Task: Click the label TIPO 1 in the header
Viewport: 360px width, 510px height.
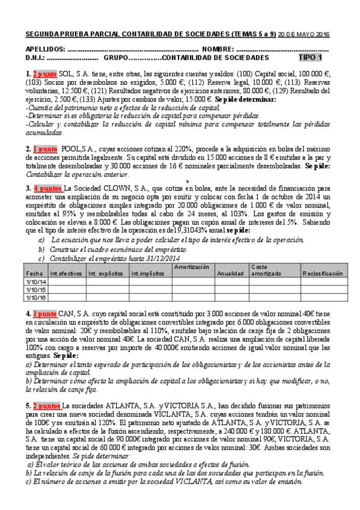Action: click(x=310, y=58)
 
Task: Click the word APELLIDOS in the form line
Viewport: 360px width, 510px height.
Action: click(x=45, y=49)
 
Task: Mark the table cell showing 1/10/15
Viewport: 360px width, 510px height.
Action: click(x=35, y=289)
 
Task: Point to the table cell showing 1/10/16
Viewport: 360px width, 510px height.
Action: click(x=35, y=297)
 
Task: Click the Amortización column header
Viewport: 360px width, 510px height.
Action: click(x=191, y=266)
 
